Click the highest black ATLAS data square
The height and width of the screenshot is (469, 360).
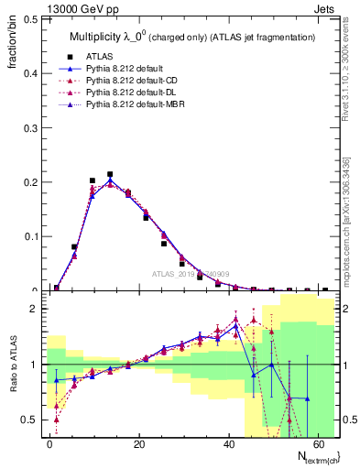(110, 174)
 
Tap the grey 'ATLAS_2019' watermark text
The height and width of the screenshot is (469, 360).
(191, 273)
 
